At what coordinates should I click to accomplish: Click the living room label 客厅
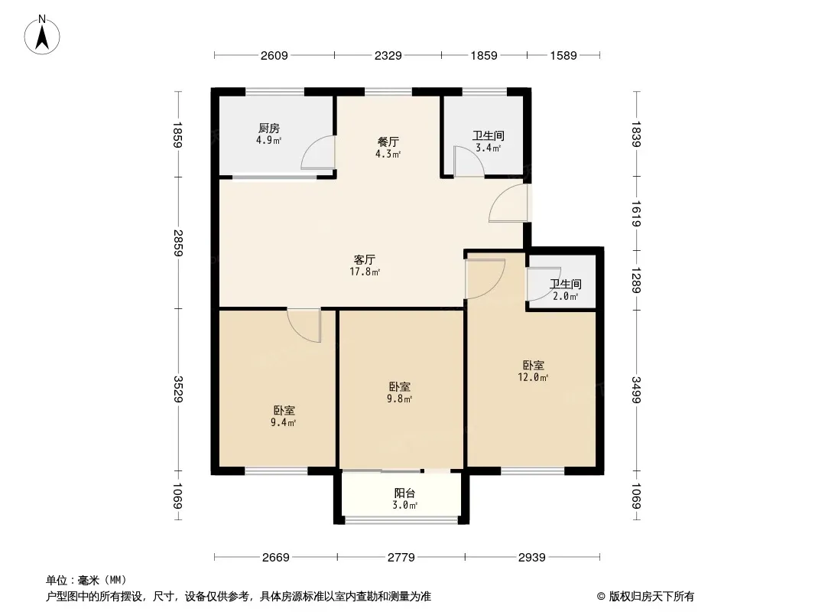[x=364, y=259]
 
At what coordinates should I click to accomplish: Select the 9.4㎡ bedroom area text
[x=284, y=422]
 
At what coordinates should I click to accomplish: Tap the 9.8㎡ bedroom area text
[x=400, y=399]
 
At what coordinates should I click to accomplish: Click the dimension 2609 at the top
[x=274, y=55]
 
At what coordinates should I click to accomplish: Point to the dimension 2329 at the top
[x=388, y=55]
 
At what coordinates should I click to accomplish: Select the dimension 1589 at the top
[x=563, y=55]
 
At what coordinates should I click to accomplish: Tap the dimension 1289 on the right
[x=636, y=279]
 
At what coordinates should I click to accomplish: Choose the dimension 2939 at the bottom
[x=531, y=558]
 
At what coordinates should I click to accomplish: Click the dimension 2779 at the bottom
[x=401, y=558]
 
